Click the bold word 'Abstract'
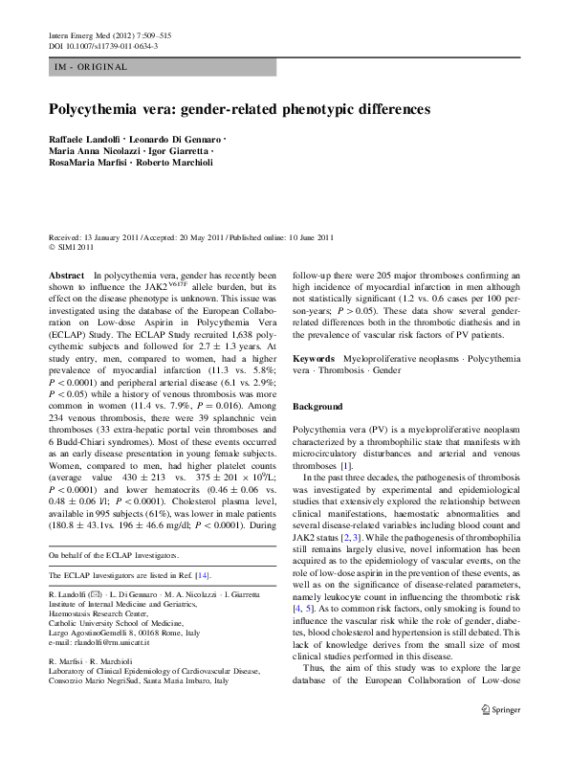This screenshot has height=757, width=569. click(x=66, y=275)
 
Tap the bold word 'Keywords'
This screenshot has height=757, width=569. click(x=316, y=357)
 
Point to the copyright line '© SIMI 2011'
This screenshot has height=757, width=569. click(x=70, y=246)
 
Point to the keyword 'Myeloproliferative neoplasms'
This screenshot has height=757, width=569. click(x=404, y=357)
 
